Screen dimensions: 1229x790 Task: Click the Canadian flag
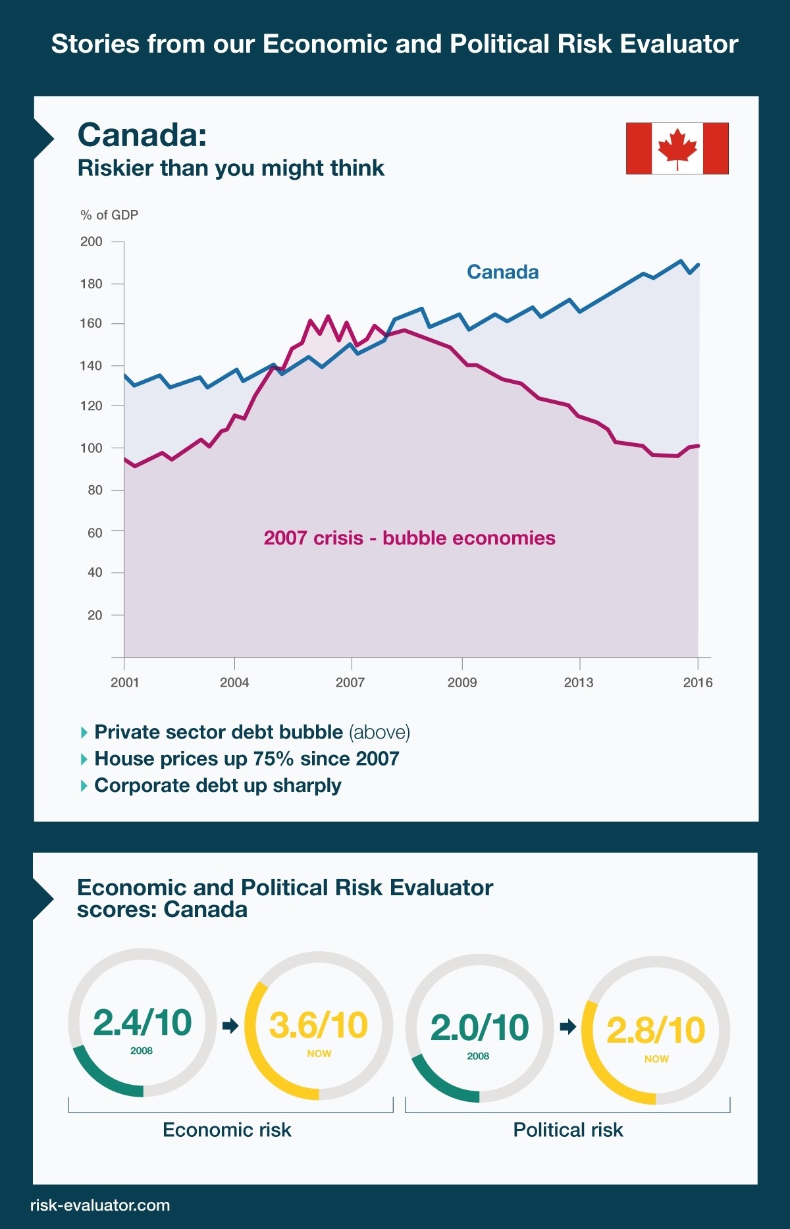(677, 148)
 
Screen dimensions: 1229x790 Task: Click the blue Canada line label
(502, 272)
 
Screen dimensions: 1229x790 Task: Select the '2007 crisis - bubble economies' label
(409, 538)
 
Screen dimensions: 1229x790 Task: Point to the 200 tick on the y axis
(92, 242)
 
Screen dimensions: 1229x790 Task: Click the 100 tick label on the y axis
(92, 448)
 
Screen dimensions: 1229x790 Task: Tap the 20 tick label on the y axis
(95, 615)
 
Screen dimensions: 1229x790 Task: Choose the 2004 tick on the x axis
(234, 682)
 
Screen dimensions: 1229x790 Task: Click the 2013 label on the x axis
(579, 682)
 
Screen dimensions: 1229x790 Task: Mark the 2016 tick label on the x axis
(698, 682)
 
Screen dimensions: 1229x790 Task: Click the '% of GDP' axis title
(109, 215)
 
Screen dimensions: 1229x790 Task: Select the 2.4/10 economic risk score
(142, 1023)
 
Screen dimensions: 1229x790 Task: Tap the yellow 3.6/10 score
(319, 1026)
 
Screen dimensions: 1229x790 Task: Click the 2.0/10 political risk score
(479, 1028)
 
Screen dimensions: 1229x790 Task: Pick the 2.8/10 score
(656, 1030)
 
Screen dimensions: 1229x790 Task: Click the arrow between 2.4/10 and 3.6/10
(230, 1026)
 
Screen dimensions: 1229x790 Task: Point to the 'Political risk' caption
(567, 1130)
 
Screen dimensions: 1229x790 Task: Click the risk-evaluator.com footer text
(100, 1205)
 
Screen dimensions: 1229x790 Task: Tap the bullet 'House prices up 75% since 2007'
(246, 758)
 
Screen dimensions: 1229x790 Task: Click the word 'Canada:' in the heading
(142, 135)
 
